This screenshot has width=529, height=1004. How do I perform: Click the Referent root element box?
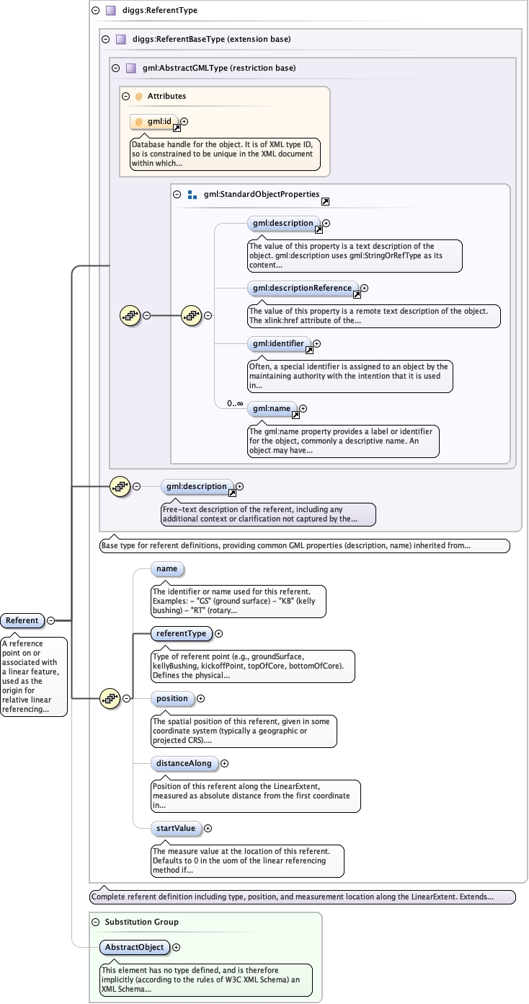tap(22, 620)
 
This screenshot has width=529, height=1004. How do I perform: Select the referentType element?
tap(180, 634)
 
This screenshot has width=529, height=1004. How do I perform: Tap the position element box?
tap(172, 698)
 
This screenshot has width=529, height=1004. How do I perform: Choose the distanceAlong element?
tap(182, 763)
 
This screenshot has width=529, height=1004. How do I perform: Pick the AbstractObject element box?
tap(135, 947)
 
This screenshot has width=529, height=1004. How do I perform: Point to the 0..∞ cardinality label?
tap(235, 404)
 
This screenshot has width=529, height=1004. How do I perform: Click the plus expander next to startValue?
tap(208, 829)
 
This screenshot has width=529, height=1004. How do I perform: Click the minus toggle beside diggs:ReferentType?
tap(96, 11)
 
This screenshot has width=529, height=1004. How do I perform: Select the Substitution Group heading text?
tap(141, 922)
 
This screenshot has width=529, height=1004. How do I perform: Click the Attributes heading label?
tap(166, 96)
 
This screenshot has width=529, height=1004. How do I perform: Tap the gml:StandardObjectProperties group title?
tap(261, 194)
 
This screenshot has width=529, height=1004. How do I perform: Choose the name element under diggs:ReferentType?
tap(166, 569)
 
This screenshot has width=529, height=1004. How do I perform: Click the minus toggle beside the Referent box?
tap(52, 620)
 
